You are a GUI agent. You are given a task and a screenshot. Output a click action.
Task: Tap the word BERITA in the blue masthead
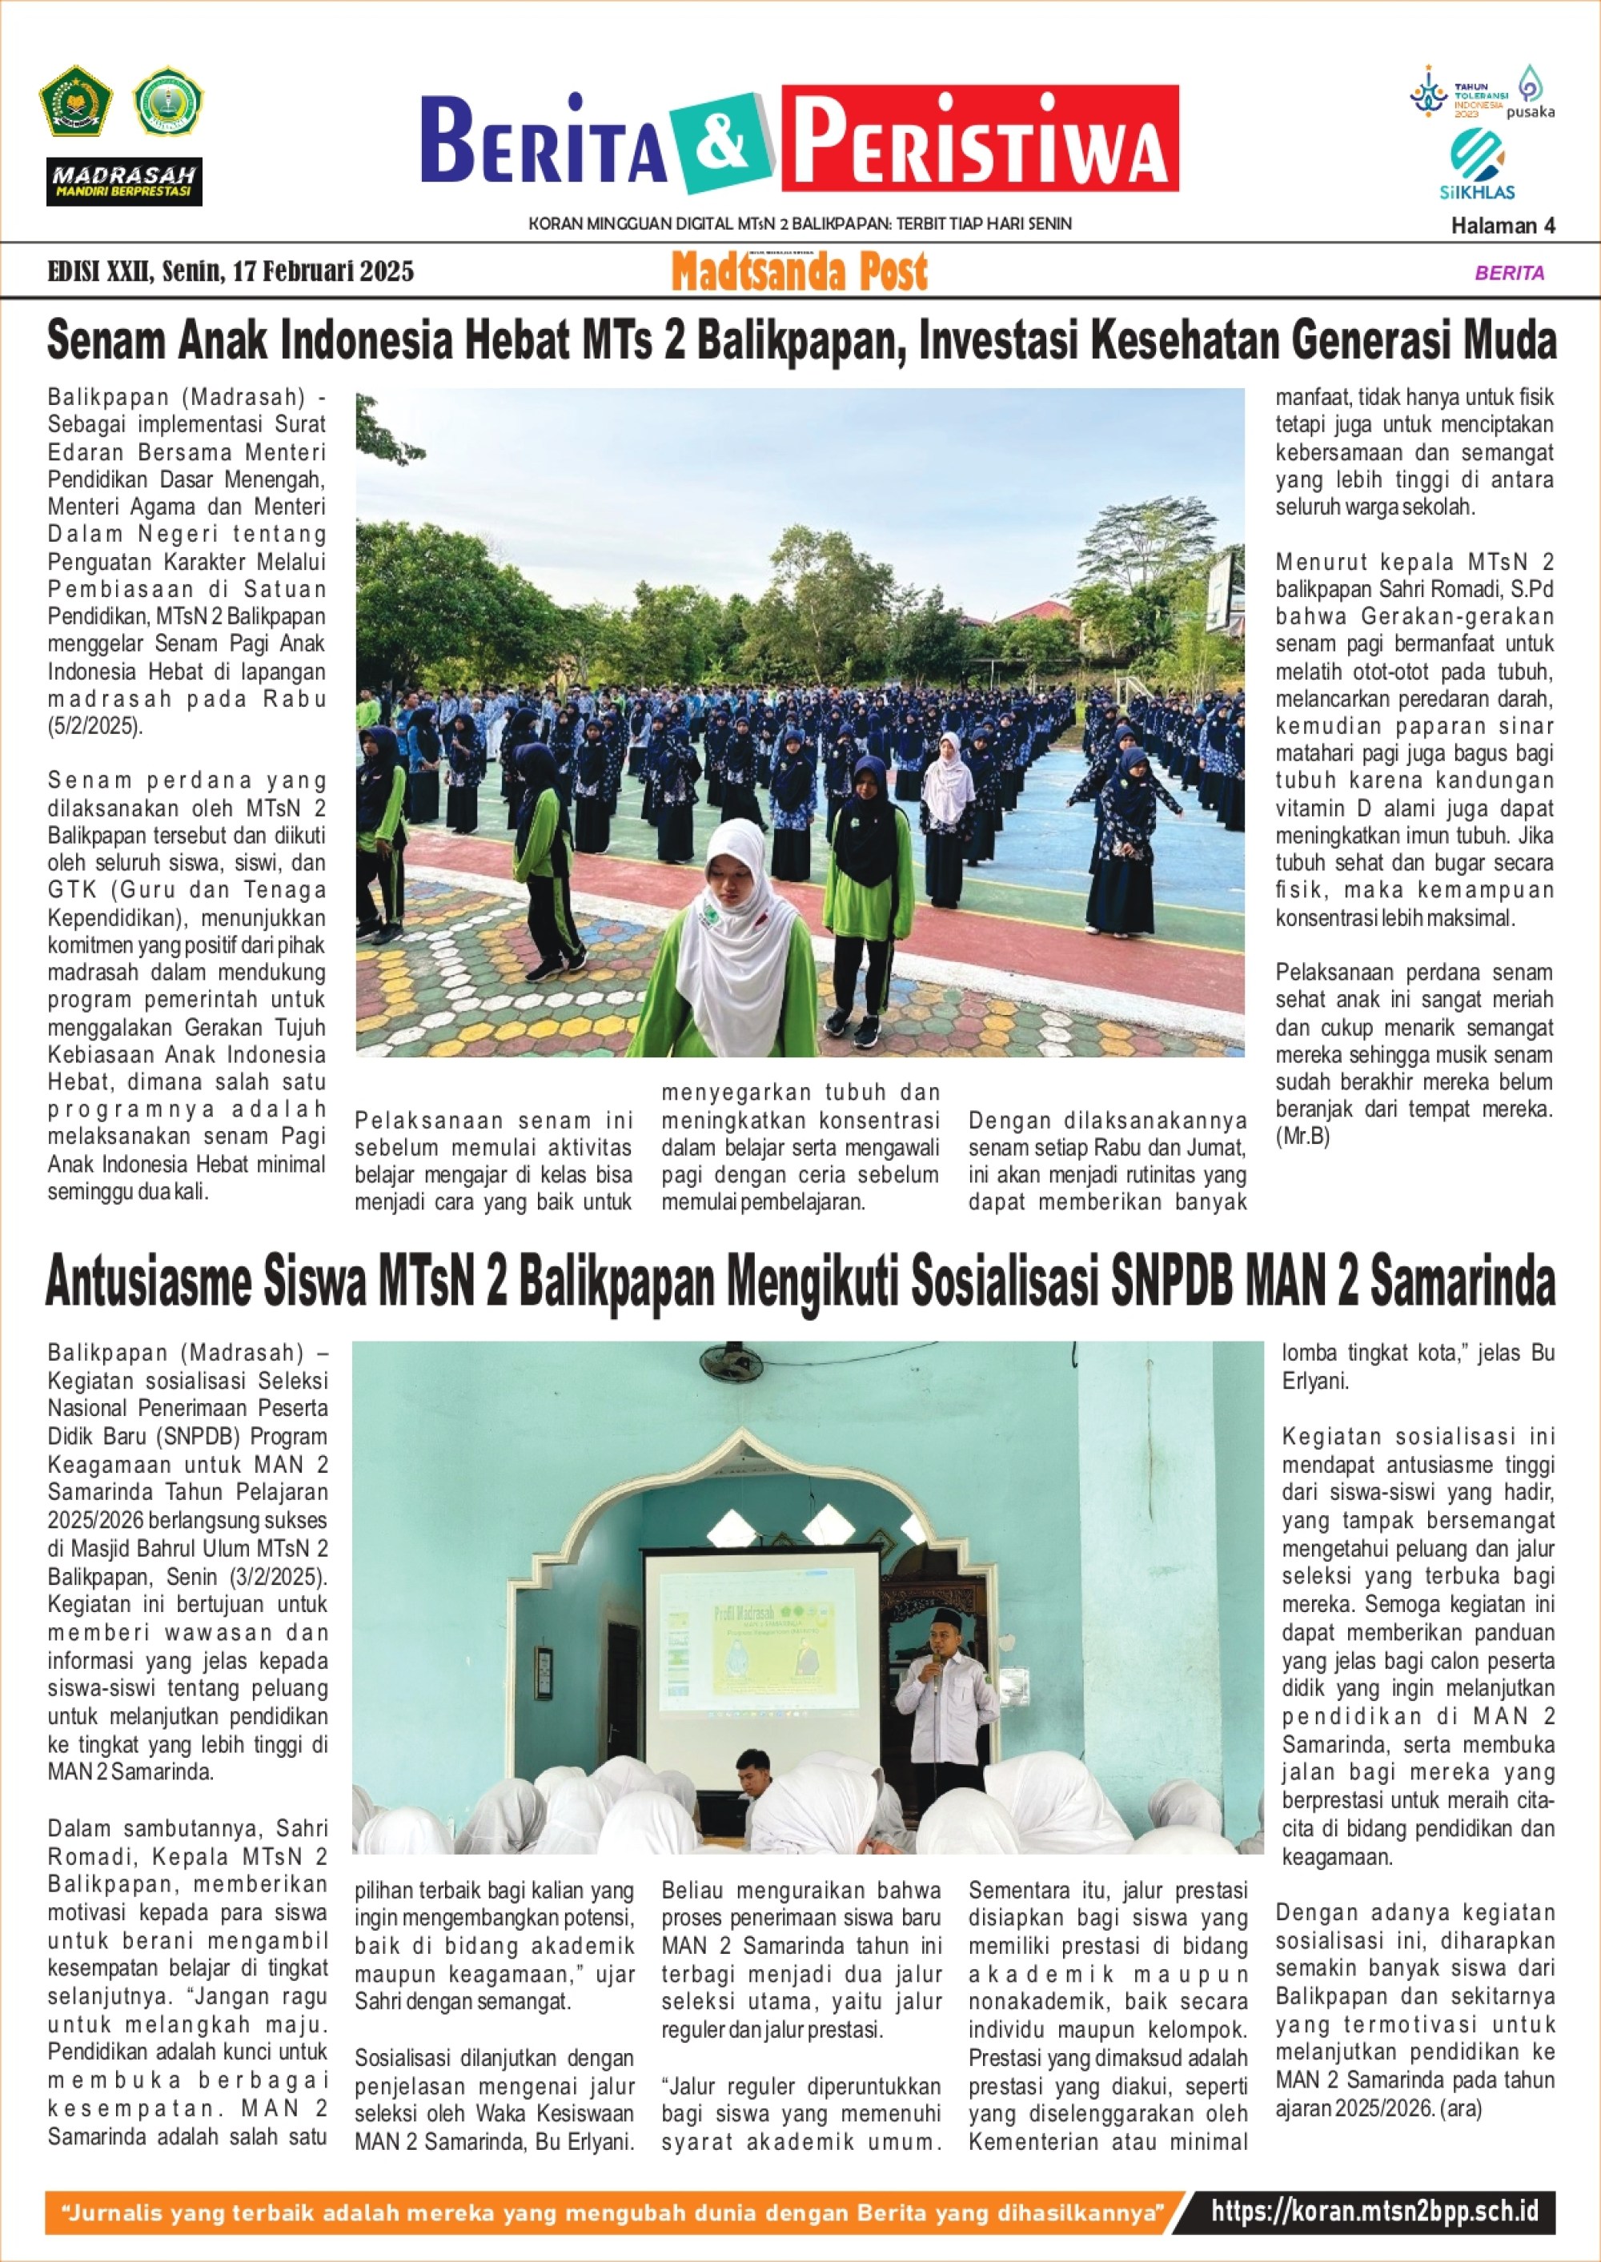(x=545, y=141)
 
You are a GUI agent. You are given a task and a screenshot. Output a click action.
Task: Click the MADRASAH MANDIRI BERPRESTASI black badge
(x=124, y=182)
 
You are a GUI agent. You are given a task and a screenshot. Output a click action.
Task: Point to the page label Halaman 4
(x=1503, y=226)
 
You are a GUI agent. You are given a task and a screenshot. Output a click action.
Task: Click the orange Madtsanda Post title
(x=800, y=272)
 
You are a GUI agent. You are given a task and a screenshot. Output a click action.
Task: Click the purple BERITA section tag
(x=1509, y=273)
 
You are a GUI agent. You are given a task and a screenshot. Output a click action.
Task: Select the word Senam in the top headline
(x=107, y=341)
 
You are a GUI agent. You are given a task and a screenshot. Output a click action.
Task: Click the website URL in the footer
(x=1374, y=2211)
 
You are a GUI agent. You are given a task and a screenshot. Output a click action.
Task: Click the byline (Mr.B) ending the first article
(x=1302, y=1137)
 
